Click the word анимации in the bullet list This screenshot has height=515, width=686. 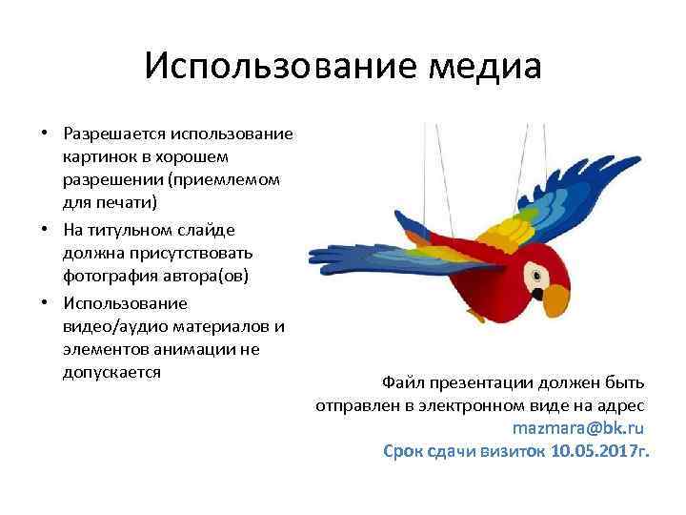(x=182, y=349)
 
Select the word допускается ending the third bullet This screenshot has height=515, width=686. (x=111, y=372)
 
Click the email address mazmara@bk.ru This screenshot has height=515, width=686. (x=578, y=426)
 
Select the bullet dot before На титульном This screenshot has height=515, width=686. (x=44, y=229)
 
